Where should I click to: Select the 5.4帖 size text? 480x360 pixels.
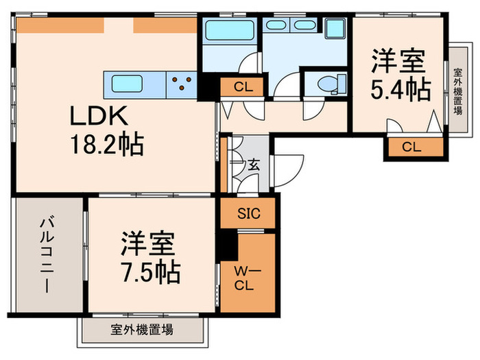(402, 88)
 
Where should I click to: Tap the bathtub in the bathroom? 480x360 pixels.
(229, 30)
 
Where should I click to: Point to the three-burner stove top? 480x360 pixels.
(182, 84)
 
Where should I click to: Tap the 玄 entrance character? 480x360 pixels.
(254, 165)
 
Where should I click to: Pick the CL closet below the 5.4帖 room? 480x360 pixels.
(411, 146)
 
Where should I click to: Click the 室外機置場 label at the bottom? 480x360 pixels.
(142, 330)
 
